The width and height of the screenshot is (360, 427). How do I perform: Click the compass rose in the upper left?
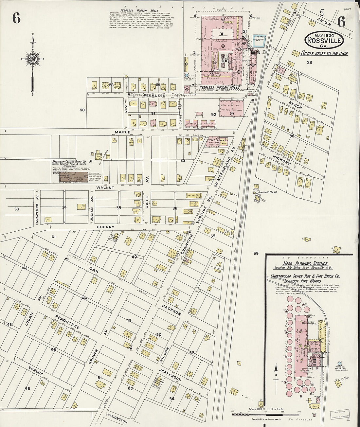(33, 59)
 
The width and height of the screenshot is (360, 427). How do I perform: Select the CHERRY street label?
(105, 227)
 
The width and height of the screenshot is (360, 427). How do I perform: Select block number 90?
(82, 110)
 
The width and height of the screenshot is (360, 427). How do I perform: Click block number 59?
(256, 253)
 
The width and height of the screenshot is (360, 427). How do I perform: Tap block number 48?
(27, 389)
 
